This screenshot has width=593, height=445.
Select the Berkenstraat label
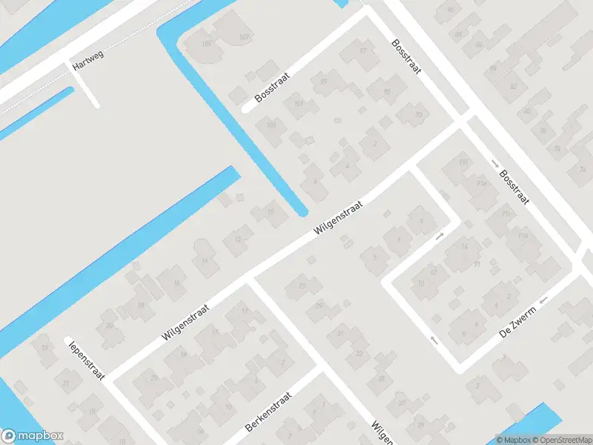269,413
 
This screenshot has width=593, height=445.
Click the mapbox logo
33,436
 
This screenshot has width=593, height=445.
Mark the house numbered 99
322,81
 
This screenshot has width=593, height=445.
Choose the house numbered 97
363,50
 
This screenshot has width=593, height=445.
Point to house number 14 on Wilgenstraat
205,260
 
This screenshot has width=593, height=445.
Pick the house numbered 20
108,325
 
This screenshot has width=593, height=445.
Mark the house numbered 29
319,306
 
